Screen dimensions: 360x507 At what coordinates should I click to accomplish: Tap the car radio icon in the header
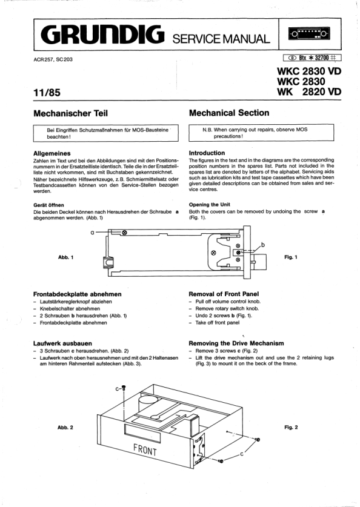(309, 34)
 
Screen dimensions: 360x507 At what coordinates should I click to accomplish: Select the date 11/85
(47, 93)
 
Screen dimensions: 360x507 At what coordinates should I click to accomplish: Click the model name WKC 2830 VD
(309, 71)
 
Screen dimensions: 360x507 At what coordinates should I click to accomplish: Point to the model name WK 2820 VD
(309, 92)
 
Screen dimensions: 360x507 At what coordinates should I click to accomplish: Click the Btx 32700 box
(312, 58)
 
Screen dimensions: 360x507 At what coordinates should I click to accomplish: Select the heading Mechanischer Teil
(70, 113)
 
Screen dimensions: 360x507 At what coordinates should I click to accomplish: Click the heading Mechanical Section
(229, 113)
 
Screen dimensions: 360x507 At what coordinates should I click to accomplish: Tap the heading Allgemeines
(52, 153)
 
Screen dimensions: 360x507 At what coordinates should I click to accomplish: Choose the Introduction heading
(207, 153)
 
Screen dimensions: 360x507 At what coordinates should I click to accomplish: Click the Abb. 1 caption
(65, 257)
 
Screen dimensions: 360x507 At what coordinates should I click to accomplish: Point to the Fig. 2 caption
(291, 428)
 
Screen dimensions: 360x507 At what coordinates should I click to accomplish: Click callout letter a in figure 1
(93, 232)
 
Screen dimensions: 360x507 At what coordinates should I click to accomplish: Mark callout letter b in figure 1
(262, 245)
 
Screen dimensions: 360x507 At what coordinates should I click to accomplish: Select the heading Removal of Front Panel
(224, 294)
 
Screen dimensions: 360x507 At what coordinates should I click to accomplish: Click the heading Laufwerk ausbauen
(63, 343)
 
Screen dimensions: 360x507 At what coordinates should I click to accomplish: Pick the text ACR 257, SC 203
(53, 59)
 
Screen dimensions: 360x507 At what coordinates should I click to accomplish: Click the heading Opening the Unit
(209, 205)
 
